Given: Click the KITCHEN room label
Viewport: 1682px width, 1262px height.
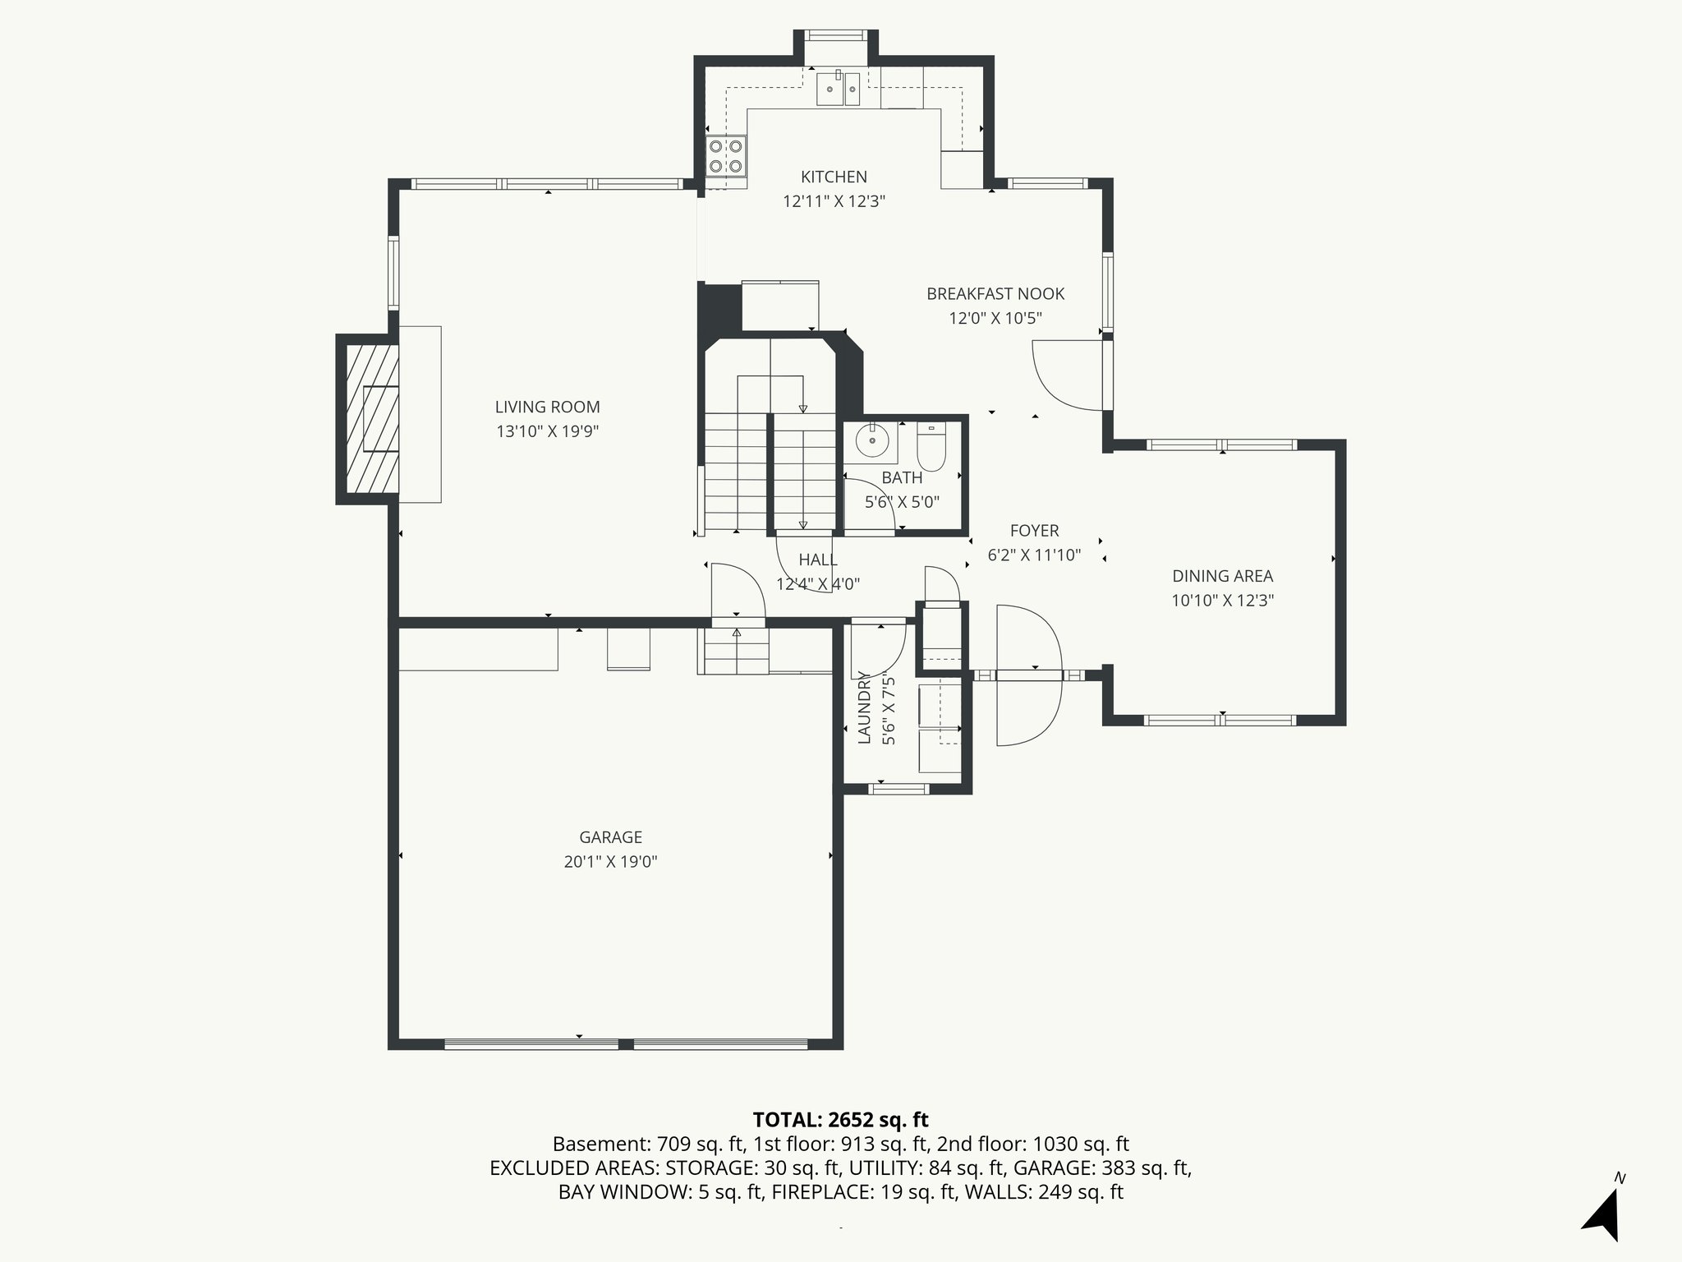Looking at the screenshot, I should coord(834,177).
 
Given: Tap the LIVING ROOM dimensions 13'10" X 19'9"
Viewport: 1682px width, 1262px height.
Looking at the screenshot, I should coord(547,431).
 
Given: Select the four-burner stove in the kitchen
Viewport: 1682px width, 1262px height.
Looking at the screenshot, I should coord(726,156).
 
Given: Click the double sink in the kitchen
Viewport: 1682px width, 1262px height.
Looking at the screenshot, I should coord(838,89).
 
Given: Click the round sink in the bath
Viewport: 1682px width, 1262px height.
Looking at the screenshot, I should coord(872,442).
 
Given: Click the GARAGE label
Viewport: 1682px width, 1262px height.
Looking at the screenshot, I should coord(610,837).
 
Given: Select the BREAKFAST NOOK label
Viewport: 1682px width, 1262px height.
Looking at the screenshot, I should coord(995,294).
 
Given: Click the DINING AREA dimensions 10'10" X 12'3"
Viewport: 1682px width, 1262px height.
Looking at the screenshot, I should coord(1222,601).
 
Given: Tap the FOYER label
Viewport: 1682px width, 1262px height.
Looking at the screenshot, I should coord(1034,531).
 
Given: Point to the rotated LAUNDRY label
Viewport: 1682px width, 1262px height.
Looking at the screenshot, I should coord(864,707).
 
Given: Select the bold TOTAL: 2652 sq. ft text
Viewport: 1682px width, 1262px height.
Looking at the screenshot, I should coord(840,1120).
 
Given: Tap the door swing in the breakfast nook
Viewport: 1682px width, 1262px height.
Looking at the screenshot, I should coord(1065,377).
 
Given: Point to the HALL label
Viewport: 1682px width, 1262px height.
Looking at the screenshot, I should coord(818,560).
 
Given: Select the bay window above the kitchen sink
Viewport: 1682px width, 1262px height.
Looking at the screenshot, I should coord(834,35).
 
